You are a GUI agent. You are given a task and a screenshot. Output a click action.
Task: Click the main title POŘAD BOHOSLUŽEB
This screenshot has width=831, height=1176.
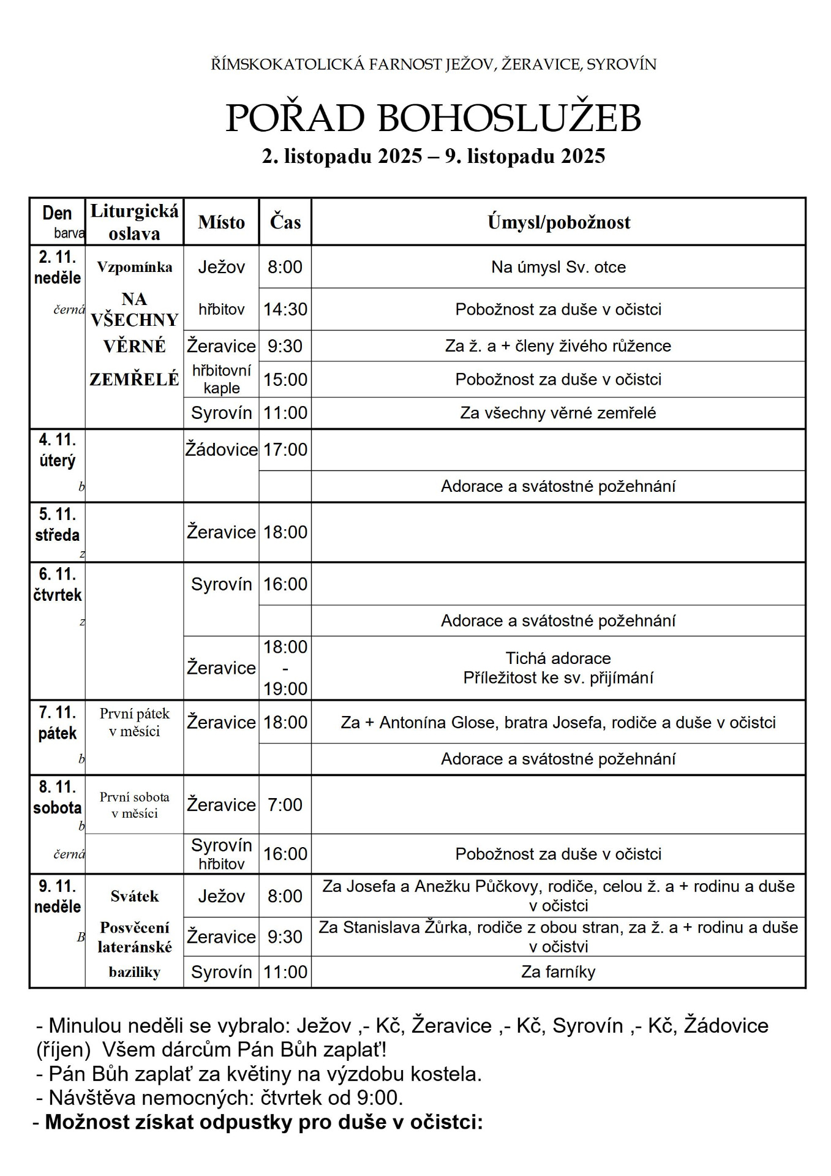click(x=433, y=118)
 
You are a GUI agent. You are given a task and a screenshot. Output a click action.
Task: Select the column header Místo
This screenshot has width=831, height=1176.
click(x=221, y=222)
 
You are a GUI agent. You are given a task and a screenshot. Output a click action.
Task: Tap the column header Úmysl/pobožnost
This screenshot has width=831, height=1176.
click(x=558, y=222)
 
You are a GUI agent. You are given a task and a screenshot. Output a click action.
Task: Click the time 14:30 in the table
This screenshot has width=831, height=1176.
click(x=285, y=309)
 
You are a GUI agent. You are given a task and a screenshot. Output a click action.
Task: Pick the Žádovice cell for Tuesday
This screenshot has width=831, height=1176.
click(x=221, y=450)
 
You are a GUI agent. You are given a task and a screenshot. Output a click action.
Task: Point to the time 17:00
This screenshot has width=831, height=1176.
click(x=285, y=450)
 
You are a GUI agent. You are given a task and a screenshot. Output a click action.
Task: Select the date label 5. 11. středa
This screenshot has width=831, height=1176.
click(x=58, y=524)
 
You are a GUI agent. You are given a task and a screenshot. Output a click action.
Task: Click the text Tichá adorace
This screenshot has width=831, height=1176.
click(x=558, y=658)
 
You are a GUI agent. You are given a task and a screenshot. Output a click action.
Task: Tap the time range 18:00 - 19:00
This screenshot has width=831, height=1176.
click(x=285, y=668)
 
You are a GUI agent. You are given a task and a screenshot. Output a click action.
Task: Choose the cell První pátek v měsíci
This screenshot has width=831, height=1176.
click(x=134, y=722)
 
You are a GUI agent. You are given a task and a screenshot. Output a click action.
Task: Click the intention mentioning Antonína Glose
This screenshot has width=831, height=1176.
click(x=558, y=722)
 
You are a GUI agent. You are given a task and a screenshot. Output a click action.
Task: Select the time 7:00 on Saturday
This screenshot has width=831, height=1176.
click(x=285, y=804)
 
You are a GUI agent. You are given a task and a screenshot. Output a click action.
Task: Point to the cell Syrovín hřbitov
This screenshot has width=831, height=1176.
click(x=221, y=854)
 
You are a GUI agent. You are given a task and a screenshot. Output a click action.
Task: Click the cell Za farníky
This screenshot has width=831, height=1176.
click(x=558, y=971)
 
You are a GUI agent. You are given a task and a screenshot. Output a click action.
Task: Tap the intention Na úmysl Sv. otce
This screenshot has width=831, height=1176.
click(x=558, y=267)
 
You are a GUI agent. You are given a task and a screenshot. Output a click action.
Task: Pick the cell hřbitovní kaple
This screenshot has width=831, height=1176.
click(x=221, y=379)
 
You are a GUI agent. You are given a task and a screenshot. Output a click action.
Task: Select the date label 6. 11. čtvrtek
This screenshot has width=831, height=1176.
click(x=58, y=584)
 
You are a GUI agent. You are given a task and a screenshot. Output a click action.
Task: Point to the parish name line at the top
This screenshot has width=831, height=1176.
click(x=433, y=64)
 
